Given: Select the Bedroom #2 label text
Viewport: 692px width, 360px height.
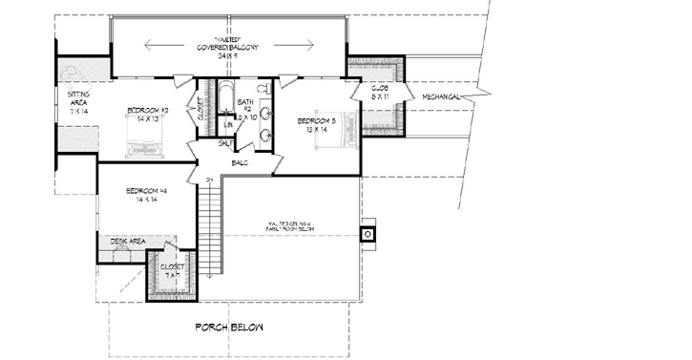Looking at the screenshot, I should pos(148,110).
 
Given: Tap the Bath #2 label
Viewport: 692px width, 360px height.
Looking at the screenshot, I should pos(245,105).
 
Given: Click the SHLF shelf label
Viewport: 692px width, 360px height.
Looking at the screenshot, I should pos(225,143).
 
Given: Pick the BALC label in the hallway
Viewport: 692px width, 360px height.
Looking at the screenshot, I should pos(239,162).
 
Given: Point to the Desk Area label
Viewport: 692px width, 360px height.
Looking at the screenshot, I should pos(127,243).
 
